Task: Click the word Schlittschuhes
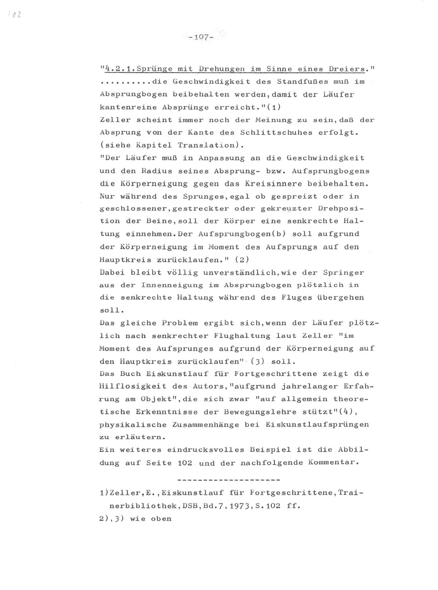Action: (x=272, y=132)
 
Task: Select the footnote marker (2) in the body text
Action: (x=242, y=260)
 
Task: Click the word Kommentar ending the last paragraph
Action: (x=331, y=463)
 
